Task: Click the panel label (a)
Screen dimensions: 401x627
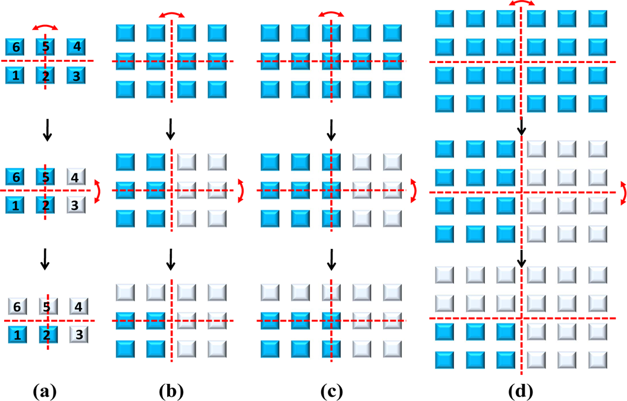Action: (x=46, y=392)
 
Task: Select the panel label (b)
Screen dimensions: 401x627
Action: (x=171, y=392)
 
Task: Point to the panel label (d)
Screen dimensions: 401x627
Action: (x=521, y=392)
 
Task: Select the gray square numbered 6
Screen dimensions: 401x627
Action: (x=16, y=307)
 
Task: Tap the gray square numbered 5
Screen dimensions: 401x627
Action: (x=46, y=307)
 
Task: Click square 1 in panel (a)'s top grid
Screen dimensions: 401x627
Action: (x=16, y=75)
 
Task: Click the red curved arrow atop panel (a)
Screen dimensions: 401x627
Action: (x=46, y=26)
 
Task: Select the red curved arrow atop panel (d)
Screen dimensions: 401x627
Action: (x=522, y=4)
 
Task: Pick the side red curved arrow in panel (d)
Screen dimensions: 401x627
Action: (x=622, y=193)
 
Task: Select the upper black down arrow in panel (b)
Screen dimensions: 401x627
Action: (x=171, y=128)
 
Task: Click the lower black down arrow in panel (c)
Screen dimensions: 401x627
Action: (x=331, y=258)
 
